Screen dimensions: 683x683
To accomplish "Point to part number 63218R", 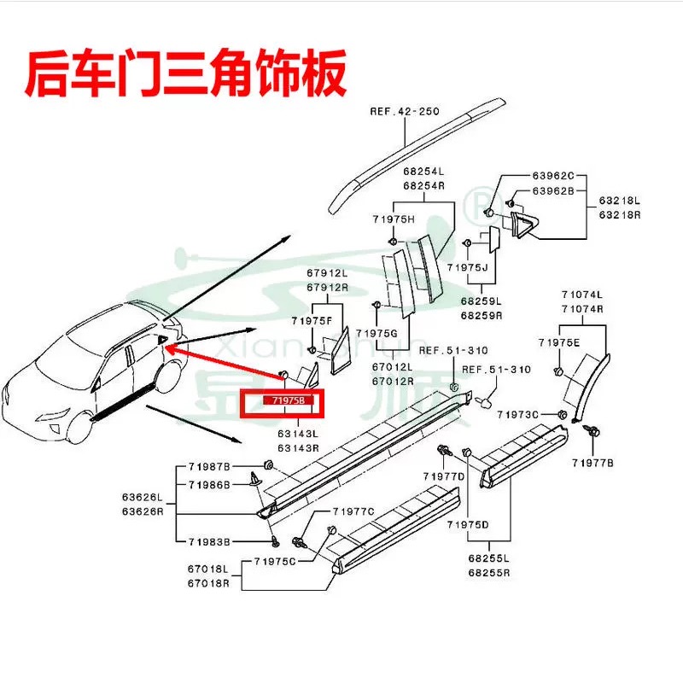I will [x=619, y=215].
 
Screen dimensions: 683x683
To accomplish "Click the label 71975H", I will [x=394, y=219].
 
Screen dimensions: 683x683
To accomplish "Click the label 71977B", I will [x=593, y=462].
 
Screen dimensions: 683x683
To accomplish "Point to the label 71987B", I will [x=210, y=467].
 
